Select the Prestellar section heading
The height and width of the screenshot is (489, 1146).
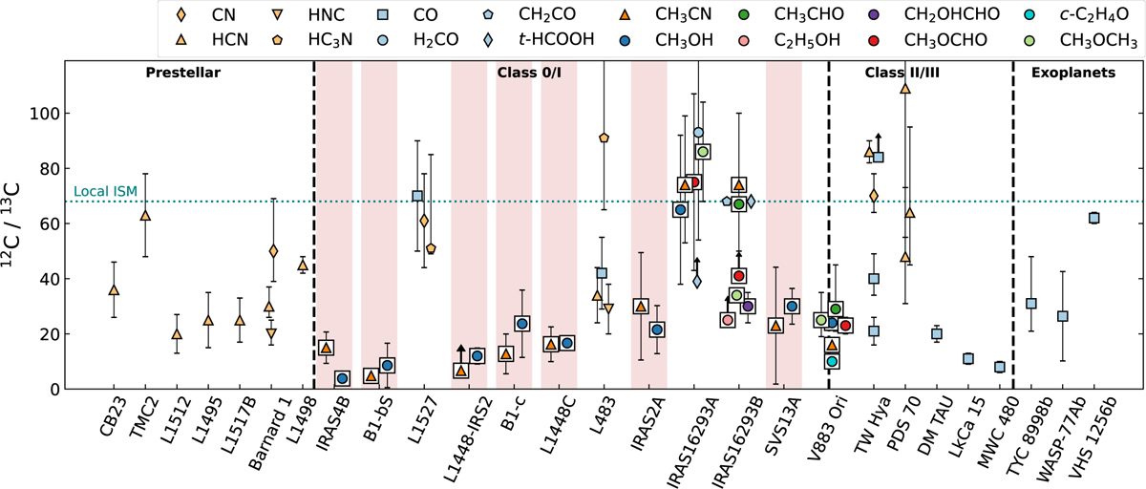click(x=183, y=74)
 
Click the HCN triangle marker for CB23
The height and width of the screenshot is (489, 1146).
click(x=114, y=289)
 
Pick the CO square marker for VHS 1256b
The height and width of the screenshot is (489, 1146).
click(x=1093, y=218)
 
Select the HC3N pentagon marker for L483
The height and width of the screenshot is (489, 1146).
click(x=604, y=138)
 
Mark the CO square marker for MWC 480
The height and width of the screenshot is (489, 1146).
click(x=1000, y=367)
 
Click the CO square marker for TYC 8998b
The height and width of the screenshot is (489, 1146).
click(x=1031, y=304)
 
